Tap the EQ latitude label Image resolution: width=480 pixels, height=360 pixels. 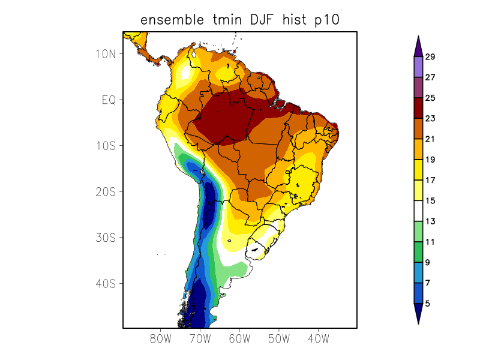point(108,100)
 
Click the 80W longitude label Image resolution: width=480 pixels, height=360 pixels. point(161,338)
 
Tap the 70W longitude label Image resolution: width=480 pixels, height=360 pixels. point(200,338)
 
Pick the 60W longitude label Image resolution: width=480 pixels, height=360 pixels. point(239,338)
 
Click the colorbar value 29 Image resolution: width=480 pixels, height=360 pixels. point(430,57)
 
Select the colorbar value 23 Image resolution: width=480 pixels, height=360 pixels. point(430,119)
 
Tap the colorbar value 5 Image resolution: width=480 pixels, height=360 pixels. point(428,304)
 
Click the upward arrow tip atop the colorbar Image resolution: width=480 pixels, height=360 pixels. point(418,37)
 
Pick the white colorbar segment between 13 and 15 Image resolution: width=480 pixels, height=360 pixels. point(418,211)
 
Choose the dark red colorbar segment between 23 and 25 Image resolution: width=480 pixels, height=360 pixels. point(418,108)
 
